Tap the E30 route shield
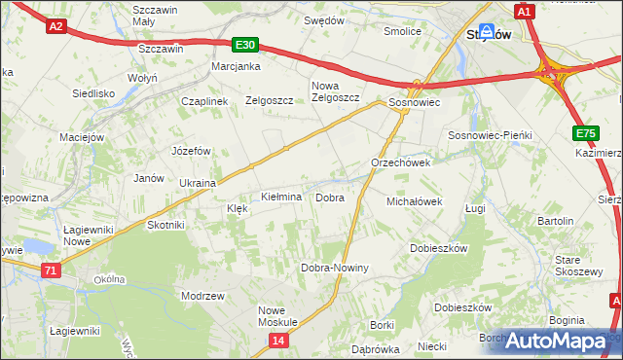(x=245, y=45)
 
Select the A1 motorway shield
(x=524, y=11)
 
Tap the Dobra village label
(x=330, y=198)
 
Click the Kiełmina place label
(x=281, y=198)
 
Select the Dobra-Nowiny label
(x=335, y=268)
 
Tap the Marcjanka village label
(x=237, y=67)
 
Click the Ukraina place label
(x=198, y=183)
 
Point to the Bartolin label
(x=555, y=221)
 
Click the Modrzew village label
(x=203, y=295)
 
